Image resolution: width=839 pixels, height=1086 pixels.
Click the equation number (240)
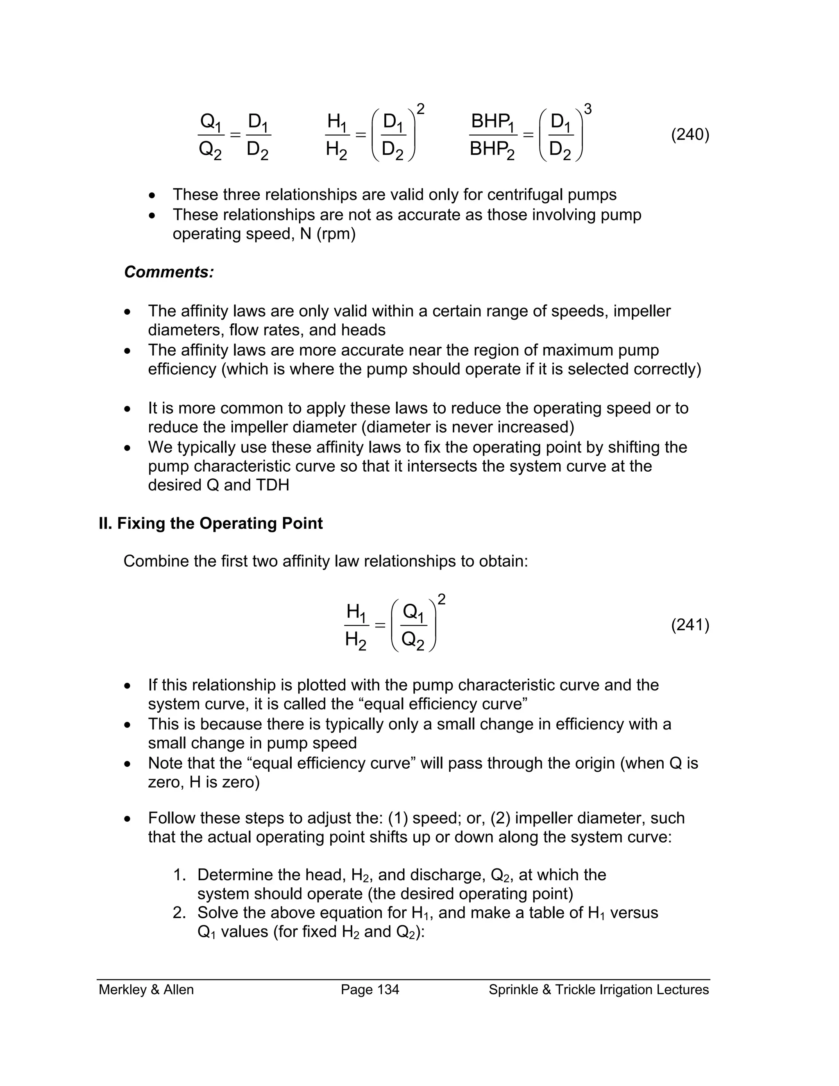click(690, 135)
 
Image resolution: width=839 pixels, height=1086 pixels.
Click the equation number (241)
click(690, 625)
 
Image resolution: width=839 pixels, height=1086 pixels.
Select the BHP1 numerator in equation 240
click(492, 121)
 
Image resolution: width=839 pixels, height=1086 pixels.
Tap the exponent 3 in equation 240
click(587, 109)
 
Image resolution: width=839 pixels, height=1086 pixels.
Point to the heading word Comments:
click(169, 272)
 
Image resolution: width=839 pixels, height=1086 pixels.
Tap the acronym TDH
click(272, 485)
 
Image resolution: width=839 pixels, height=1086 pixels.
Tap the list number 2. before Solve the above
click(179, 913)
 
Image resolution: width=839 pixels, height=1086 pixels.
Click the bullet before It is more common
click(128, 409)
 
